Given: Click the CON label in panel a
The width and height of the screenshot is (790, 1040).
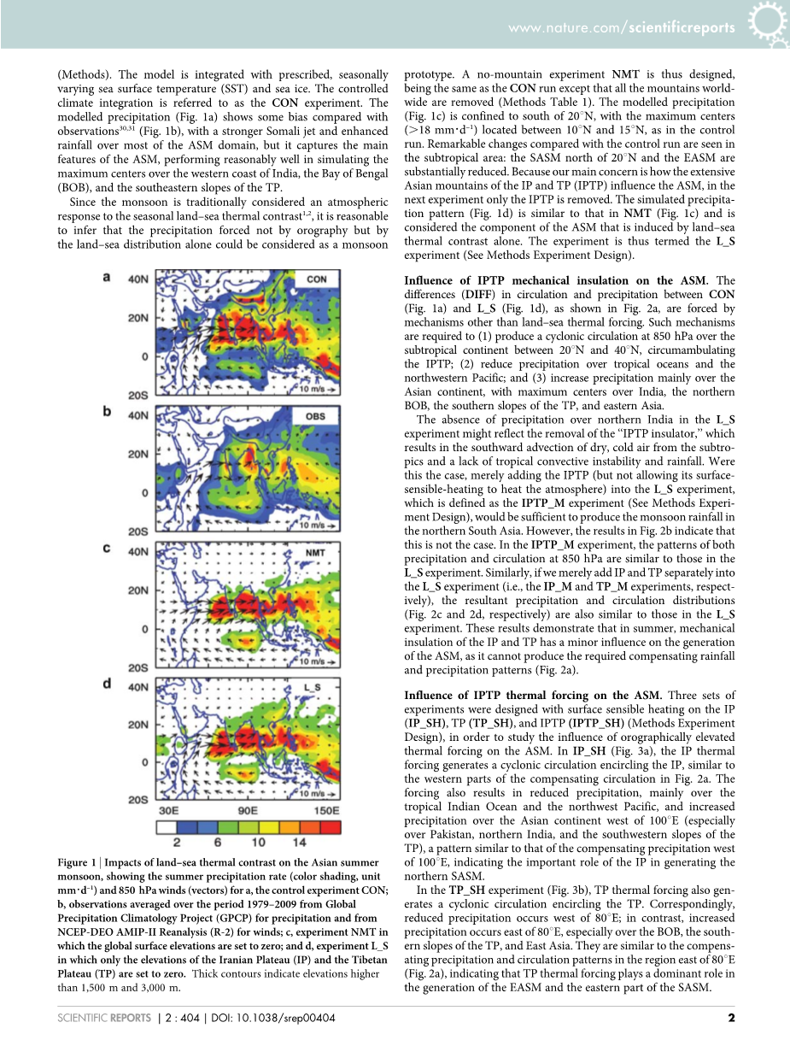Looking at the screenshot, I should click(x=317, y=279).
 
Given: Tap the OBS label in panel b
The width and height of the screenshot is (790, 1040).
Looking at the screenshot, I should click(x=316, y=416).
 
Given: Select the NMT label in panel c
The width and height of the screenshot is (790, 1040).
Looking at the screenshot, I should click(x=316, y=553).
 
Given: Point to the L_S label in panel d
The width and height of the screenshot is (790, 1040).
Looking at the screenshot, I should click(x=313, y=687).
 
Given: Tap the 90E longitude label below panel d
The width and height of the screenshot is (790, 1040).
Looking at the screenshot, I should click(x=248, y=811).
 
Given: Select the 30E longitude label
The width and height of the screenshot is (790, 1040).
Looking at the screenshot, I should click(x=169, y=811).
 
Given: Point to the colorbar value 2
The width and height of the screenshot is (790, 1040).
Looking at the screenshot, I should click(x=184, y=842).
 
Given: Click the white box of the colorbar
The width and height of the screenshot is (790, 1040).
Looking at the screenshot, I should click(x=167, y=827).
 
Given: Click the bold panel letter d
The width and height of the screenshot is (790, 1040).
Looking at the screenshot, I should click(x=107, y=684).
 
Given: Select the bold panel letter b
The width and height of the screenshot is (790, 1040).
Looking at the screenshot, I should click(x=107, y=411).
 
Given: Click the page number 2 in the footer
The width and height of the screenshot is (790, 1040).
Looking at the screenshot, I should click(x=731, y=1017).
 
